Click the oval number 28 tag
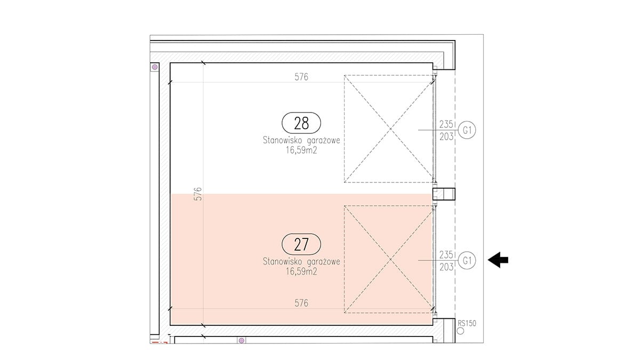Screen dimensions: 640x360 tap(301, 123)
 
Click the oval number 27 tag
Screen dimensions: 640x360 tap(301, 244)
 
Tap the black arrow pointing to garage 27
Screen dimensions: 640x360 tap(498, 260)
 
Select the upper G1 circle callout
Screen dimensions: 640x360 tap(467, 130)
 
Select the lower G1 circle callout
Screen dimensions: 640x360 tap(467, 261)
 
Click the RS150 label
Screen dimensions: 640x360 tap(467, 323)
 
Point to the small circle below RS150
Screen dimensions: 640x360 tap(460, 331)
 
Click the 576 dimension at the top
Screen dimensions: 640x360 tap(301, 77)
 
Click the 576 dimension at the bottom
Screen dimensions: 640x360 tap(301, 303)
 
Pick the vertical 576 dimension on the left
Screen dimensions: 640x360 tap(198, 194)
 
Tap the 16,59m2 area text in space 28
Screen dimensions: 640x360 tap(301, 150)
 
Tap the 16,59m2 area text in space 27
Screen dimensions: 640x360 tap(301, 271)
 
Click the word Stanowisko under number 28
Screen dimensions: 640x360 tap(282, 140)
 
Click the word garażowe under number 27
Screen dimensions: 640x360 tap(323, 262)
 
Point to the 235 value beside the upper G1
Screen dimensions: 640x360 tap(446, 124)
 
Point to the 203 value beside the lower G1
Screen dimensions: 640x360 tap(446, 267)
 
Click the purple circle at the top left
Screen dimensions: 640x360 tap(155, 67)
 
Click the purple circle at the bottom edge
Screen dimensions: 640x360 tap(242, 341)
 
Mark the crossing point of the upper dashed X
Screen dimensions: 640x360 tap(390, 129)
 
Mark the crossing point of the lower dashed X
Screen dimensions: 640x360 tap(390, 259)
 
